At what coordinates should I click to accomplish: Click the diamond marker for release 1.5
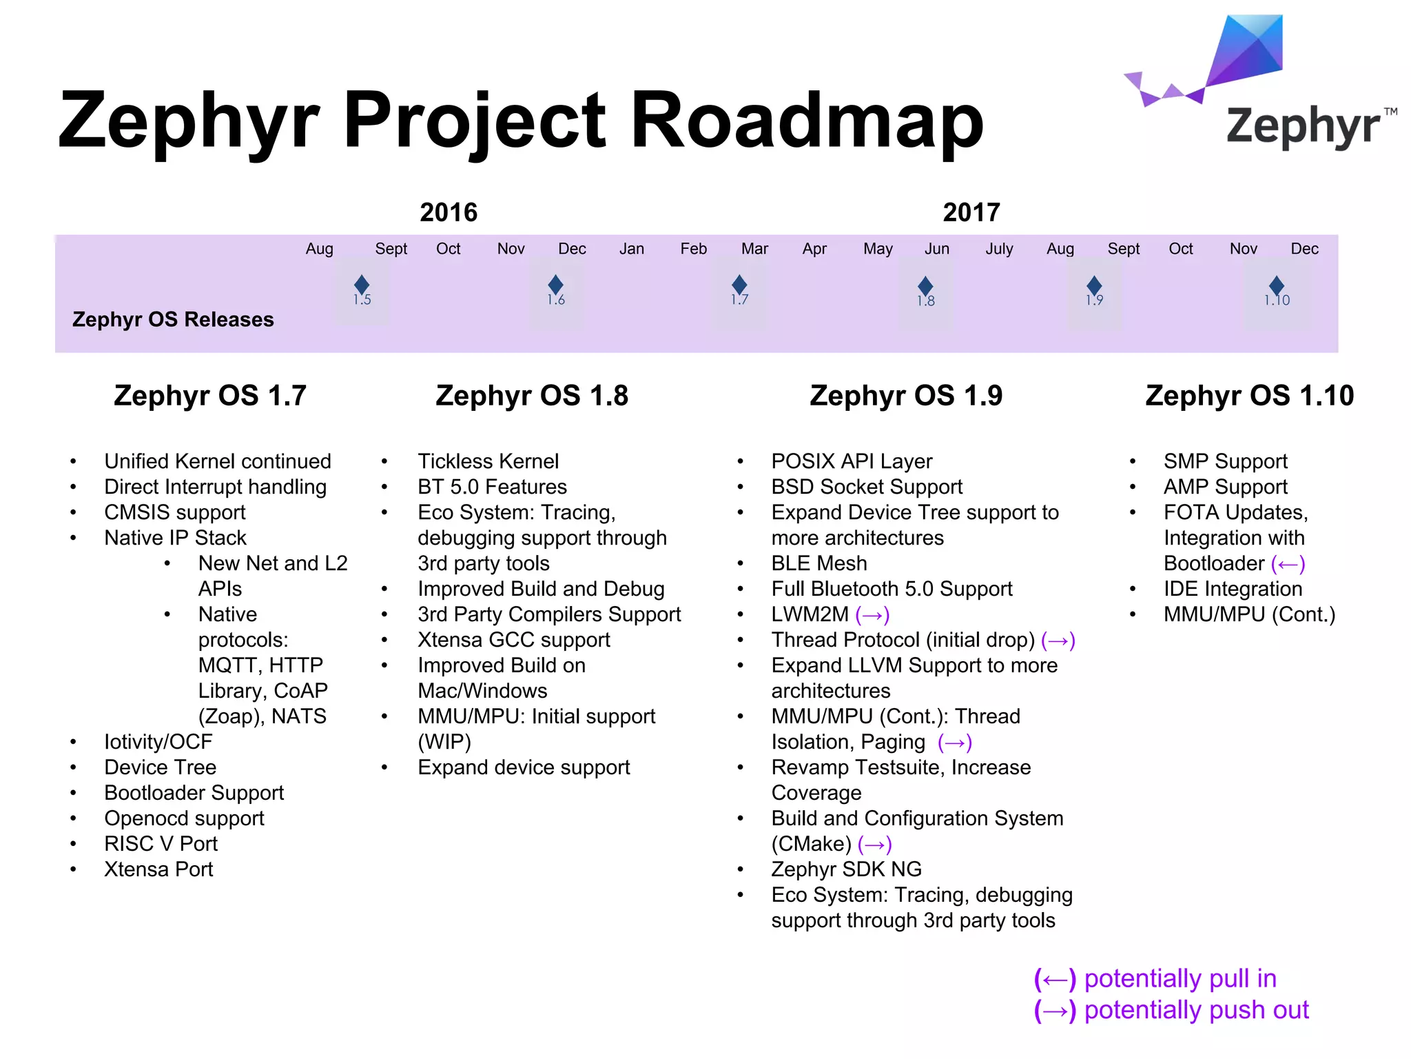[362, 285]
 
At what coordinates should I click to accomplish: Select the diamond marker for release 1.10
[1277, 285]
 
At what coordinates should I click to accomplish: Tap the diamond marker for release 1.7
[739, 284]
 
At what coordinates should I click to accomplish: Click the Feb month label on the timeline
[693, 249]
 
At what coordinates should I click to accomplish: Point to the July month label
[999, 249]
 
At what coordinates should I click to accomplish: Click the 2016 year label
[449, 212]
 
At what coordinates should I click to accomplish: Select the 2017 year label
[971, 212]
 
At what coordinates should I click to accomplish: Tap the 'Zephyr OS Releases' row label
[173, 319]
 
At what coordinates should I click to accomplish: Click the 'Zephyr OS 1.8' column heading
[532, 396]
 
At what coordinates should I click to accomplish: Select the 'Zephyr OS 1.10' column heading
[1250, 396]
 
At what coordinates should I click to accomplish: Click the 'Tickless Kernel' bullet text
[488, 461]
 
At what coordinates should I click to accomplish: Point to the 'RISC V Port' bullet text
[161, 844]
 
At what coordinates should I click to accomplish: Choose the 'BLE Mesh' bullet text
[819, 563]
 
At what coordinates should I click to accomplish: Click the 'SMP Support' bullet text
[1225, 461]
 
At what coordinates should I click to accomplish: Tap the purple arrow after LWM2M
[872, 615]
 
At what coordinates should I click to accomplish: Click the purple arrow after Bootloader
[1288, 565]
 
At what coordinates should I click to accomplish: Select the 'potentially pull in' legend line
[1155, 979]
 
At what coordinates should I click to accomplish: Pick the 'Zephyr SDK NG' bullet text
[846, 869]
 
